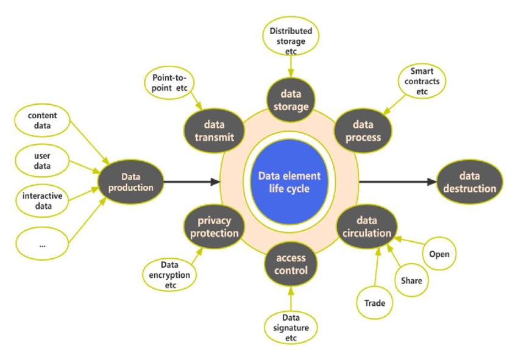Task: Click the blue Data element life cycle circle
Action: coord(289,182)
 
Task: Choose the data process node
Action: coord(363,130)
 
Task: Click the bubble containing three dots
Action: coord(43,244)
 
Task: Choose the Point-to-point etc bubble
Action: coord(168,83)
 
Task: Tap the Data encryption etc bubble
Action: coord(168,275)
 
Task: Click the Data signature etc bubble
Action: coord(290,327)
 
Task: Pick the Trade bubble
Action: coord(374,302)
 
